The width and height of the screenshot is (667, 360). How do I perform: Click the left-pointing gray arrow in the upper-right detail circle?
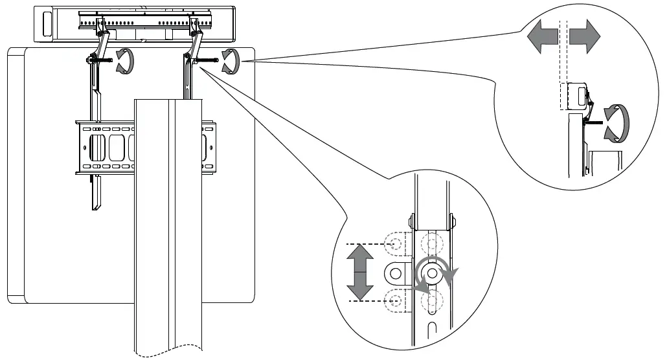(541, 39)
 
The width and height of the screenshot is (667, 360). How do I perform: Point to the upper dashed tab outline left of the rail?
(395, 244)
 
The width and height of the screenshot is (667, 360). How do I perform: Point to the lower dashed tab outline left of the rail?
(395, 299)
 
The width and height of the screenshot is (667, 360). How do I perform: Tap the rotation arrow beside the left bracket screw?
(122, 62)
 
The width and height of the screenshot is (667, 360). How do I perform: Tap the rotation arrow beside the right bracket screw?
(229, 61)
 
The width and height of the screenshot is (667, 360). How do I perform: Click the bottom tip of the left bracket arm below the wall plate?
(96, 205)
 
